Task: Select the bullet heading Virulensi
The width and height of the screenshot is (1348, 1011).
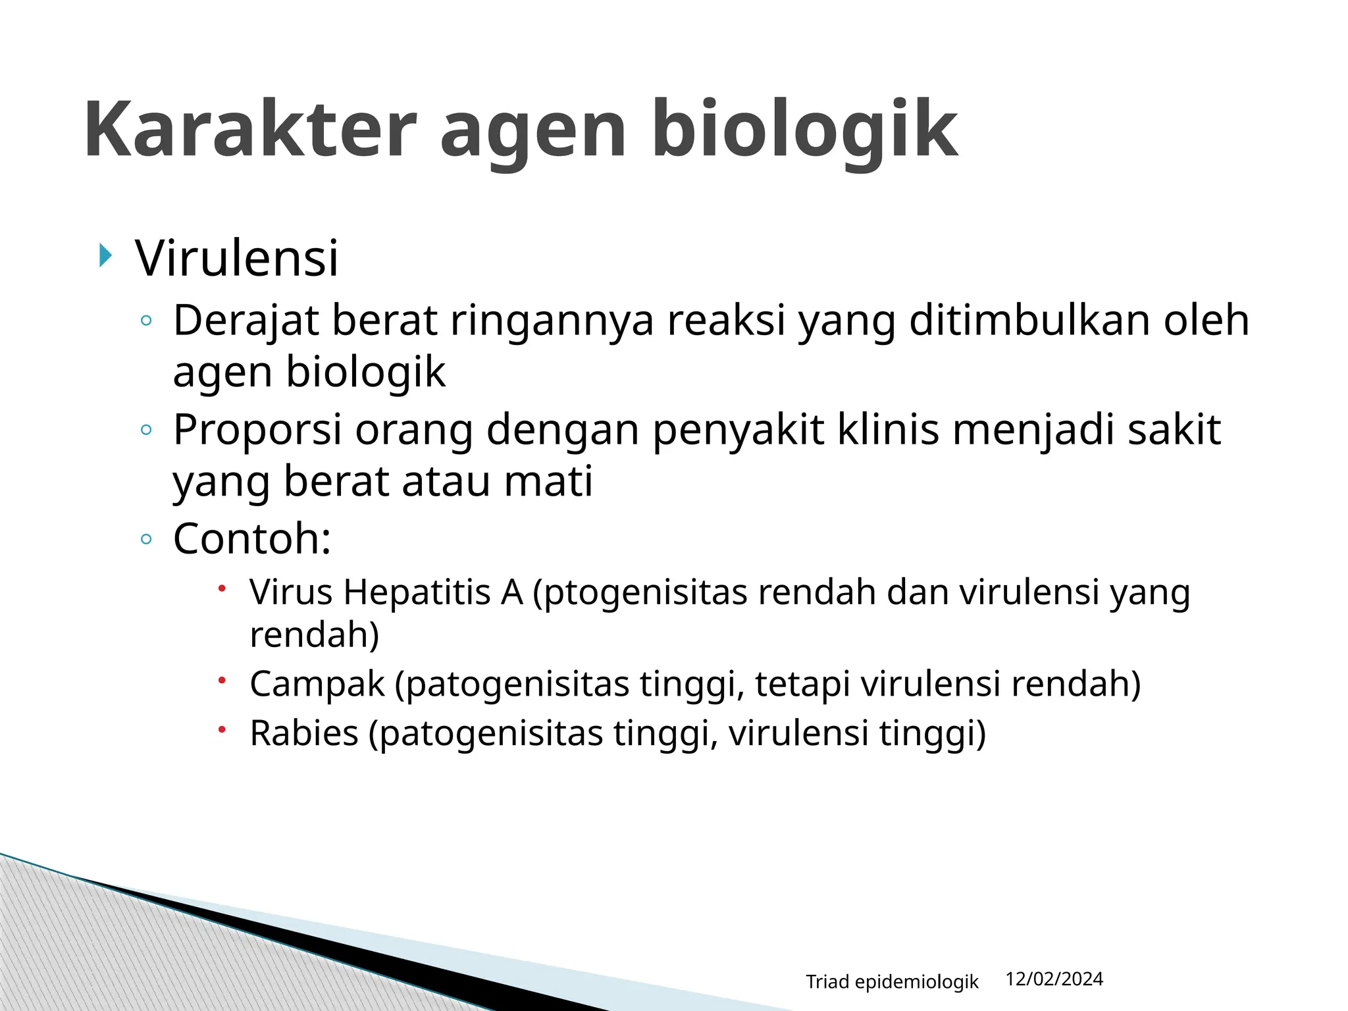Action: (237, 258)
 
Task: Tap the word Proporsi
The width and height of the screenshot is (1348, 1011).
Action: (257, 430)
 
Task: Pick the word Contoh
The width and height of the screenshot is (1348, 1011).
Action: (246, 538)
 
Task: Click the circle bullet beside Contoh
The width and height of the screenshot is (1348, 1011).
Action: (146, 540)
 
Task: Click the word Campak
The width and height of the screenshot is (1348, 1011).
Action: (317, 684)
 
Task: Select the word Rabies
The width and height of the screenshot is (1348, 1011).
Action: (303, 733)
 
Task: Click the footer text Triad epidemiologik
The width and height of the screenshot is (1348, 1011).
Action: (892, 982)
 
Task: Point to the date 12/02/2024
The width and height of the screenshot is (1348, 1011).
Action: (1054, 979)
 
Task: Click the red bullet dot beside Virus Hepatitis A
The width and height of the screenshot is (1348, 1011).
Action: (222, 587)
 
